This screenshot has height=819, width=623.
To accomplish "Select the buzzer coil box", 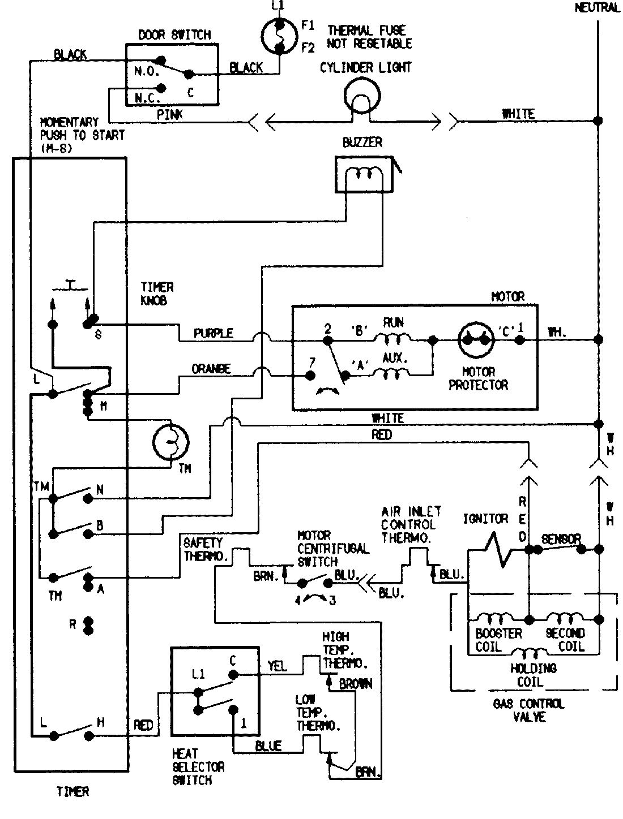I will [362, 174].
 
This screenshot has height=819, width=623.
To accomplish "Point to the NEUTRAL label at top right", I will [597, 8].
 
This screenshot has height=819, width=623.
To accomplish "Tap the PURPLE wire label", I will [214, 333].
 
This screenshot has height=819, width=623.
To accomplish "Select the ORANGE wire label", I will [211, 369].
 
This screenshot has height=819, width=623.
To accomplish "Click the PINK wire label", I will [169, 114].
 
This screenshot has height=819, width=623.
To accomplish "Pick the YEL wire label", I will [277, 666].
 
